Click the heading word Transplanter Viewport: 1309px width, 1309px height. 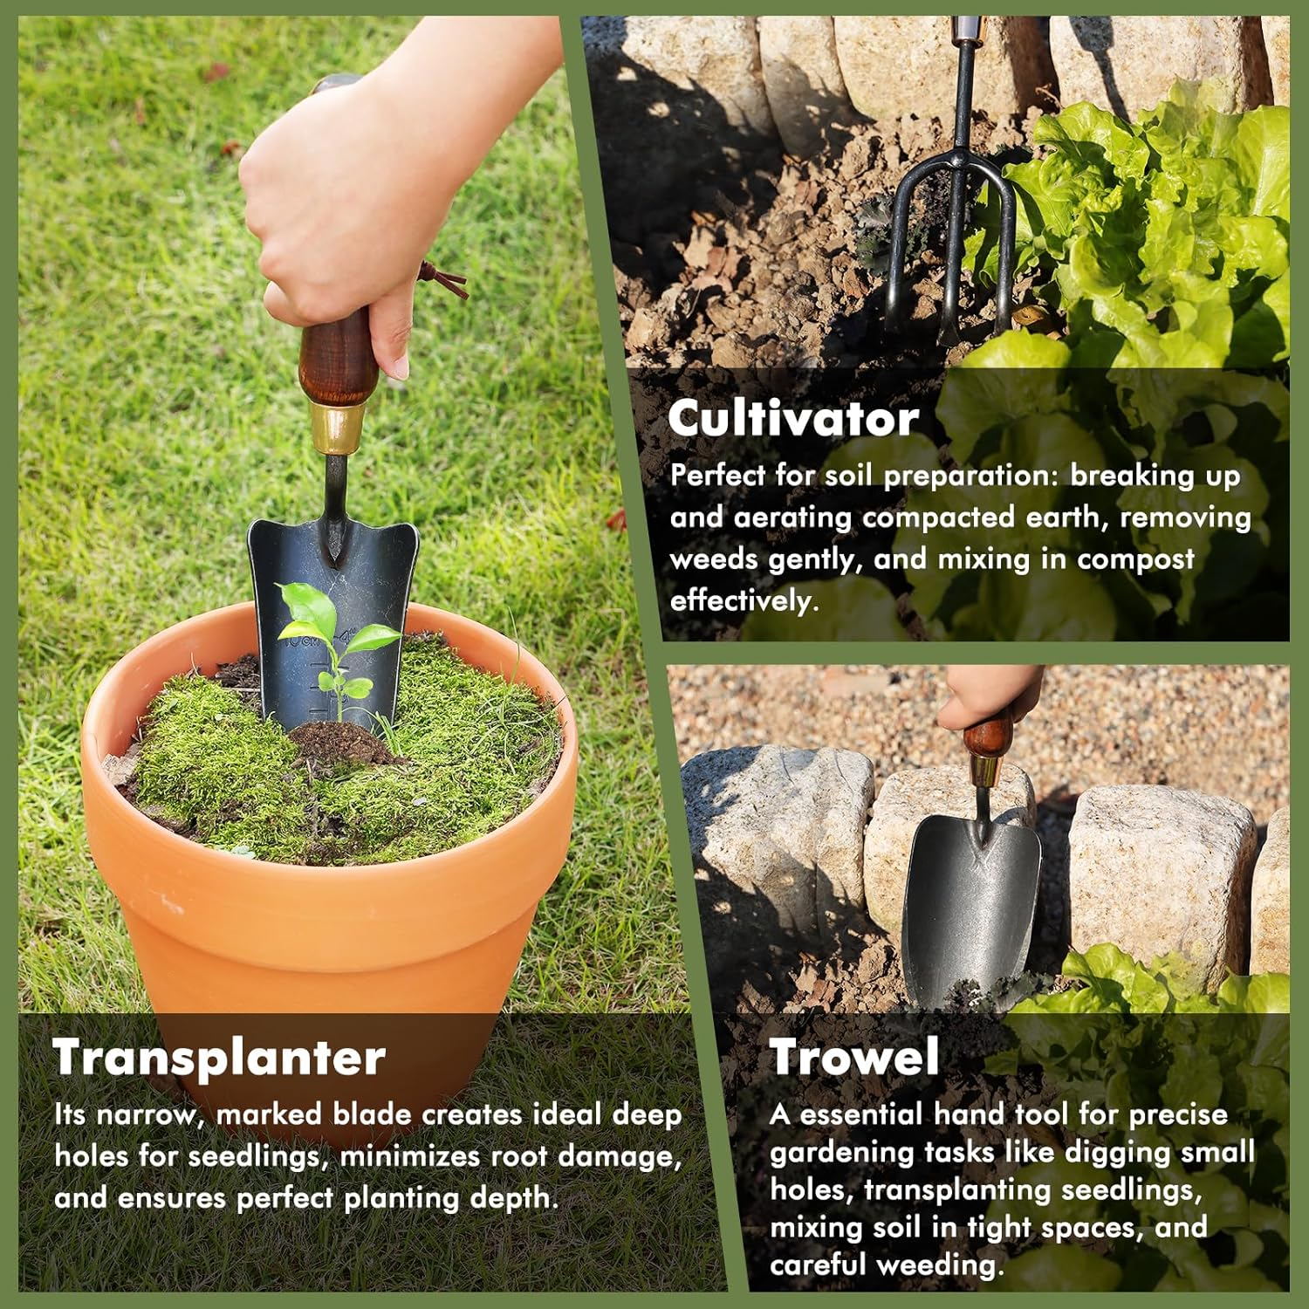click(219, 1058)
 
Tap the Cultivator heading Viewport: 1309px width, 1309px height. click(793, 419)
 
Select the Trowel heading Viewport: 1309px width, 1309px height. click(854, 1058)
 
